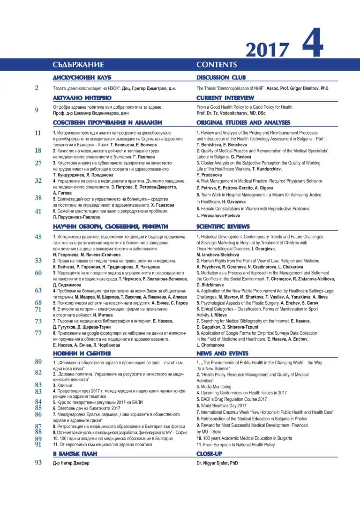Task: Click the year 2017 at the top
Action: coord(267,50)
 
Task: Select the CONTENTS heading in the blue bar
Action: coord(217,65)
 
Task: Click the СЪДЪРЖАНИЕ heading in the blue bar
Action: coord(78,65)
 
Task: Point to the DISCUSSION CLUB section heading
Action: coord(221,77)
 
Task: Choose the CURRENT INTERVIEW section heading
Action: coord(225,98)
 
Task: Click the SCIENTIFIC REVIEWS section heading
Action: coord(223,226)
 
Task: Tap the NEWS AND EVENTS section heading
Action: coord(222,353)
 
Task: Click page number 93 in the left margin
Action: coord(38,463)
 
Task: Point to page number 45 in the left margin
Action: coord(38,237)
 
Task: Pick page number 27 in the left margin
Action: coord(38,163)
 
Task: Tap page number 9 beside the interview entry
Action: coord(37,110)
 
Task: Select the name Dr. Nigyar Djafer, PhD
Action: coord(217,463)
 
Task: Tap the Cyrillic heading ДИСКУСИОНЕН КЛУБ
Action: coord(82,77)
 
